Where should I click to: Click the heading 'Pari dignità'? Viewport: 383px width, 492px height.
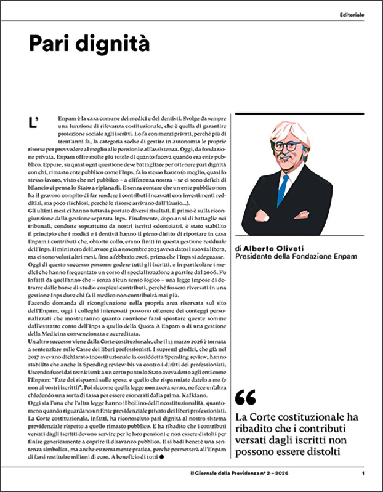tap(89, 44)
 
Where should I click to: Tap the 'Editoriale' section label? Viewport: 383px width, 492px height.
tap(352, 14)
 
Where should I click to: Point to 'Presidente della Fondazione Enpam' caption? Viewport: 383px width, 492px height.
tap(296, 256)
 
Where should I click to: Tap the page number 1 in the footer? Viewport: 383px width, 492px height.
tap(364, 473)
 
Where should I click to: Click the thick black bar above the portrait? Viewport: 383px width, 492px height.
tap(299, 113)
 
